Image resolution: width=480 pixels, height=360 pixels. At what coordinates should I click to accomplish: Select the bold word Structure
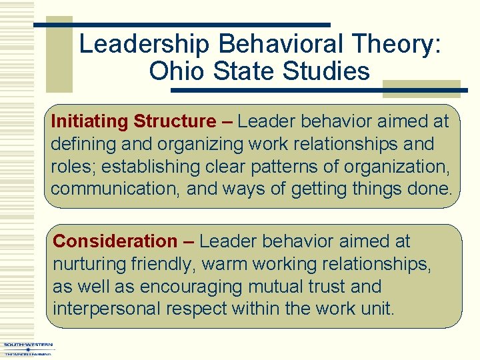(175, 121)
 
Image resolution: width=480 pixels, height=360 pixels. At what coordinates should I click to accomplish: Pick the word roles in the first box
(72, 167)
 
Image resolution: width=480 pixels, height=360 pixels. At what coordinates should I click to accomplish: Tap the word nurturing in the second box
(89, 264)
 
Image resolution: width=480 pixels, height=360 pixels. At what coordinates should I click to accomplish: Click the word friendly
(163, 264)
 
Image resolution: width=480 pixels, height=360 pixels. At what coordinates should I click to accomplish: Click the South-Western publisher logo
(27, 349)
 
